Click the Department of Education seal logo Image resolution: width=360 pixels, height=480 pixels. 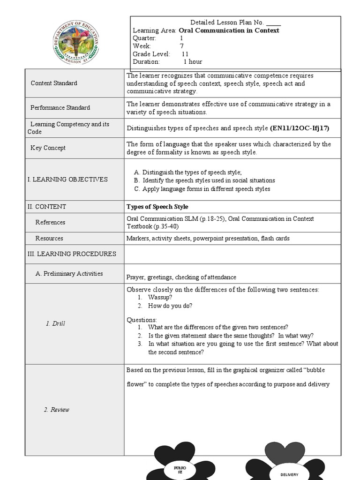coord(76,43)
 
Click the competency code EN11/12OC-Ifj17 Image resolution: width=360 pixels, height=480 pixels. coord(299,128)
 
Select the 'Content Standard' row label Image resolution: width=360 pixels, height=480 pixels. coord(54,83)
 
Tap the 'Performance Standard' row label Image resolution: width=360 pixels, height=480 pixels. coord(60,107)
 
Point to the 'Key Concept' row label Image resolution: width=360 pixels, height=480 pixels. coord(48,148)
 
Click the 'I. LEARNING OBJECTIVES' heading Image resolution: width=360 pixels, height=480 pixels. coord(67,179)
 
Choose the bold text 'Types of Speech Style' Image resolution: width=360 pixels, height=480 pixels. coord(157,207)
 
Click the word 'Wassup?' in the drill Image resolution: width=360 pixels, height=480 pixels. coord(160,297)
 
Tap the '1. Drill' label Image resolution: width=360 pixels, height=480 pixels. coord(55,323)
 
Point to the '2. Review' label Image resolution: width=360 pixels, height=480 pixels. coord(56,410)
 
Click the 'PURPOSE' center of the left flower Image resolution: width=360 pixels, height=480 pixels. coord(180,470)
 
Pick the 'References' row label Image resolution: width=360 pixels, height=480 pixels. coord(50,222)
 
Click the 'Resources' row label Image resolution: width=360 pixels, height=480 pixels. coord(49,238)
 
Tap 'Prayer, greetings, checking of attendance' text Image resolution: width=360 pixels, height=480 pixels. coord(181,277)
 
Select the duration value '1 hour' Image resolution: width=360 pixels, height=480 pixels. coord(193,61)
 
